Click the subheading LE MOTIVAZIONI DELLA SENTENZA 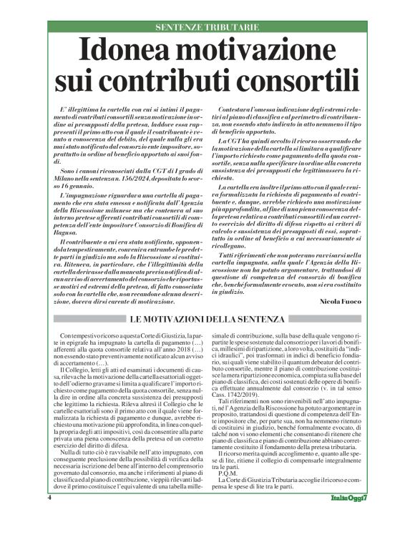208,320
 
